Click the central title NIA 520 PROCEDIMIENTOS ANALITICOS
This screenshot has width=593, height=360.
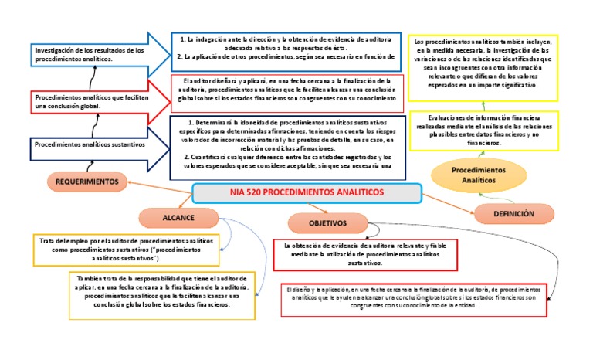pos(306,192)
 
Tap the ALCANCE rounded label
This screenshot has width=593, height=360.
pos(178,216)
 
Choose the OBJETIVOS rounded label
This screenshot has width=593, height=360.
pos(327,223)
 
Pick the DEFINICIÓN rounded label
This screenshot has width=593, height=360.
pos(515,213)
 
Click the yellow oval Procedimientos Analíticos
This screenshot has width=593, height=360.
pos(473,174)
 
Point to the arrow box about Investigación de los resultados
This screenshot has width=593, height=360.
pos(93,54)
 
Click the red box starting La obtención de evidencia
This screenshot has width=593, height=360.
pos(361,254)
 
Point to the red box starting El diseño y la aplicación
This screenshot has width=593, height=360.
pos(414,298)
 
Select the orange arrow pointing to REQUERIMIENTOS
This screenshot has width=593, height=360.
pos(158,185)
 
